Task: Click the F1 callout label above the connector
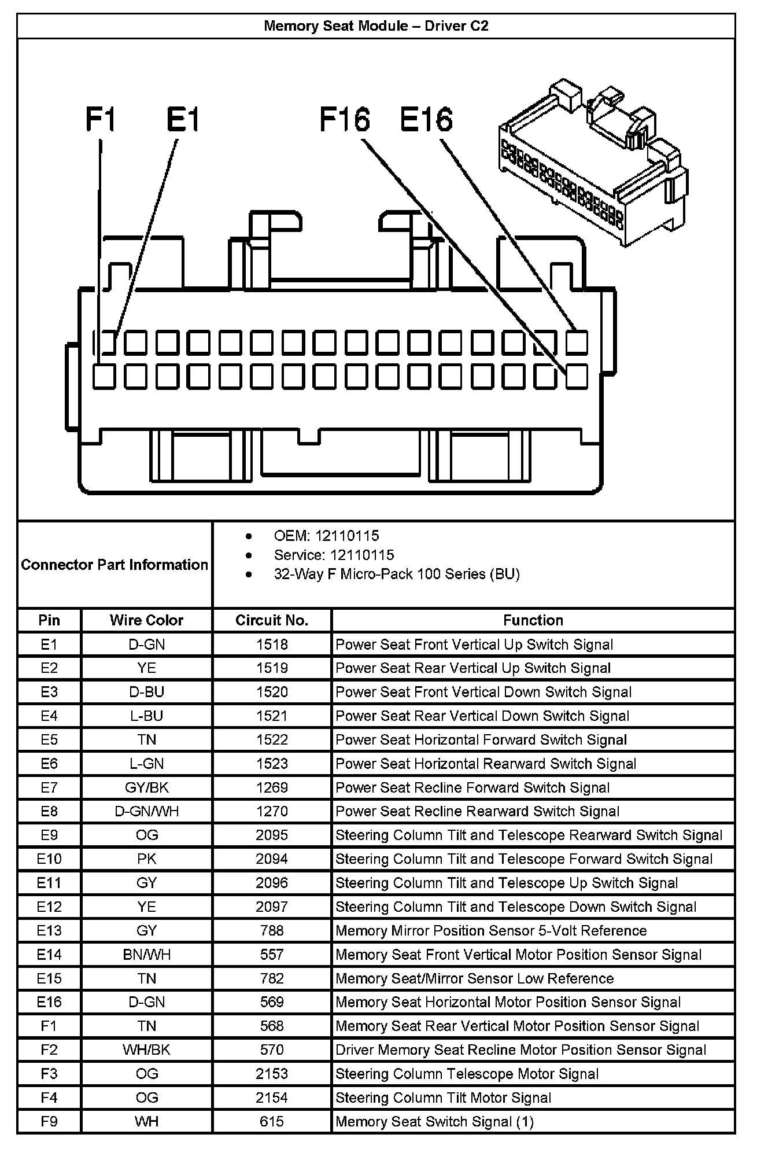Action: [x=101, y=120]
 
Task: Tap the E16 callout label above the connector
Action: [x=426, y=120]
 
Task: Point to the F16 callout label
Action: [x=345, y=120]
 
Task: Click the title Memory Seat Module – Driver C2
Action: [x=376, y=26]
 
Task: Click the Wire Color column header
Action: [x=146, y=620]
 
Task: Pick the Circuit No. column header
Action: [x=272, y=620]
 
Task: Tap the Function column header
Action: [x=533, y=620]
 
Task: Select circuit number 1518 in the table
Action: [x=272, y=645]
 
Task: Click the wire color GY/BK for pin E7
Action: [x=146, y=787]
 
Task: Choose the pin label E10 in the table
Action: [x=49, y=859]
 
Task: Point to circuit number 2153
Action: [x=272, y=1074]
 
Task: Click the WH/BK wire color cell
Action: [x=146, y=1050]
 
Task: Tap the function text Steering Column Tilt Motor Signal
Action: [x=443, y=1098]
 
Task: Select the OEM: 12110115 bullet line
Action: [x=326, y=536]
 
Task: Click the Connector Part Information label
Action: [x=115, y=565]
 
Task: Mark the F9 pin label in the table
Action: [x=49, y=1121]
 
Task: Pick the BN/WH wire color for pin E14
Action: [x=146, y=955]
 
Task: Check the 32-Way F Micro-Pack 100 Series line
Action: [x=397, y=574]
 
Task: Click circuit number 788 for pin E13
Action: [x=272, y=930]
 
